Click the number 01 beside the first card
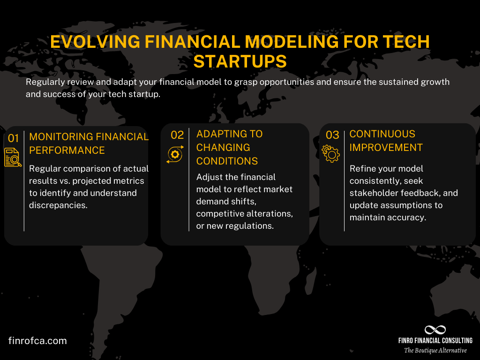(13, 138)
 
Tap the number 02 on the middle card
(177, 135)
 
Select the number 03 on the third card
(332, 135)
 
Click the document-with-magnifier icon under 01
(13, 157)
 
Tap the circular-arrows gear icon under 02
(174, 155)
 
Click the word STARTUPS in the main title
(240, 61)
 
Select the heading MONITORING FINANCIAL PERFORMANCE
(89, 143)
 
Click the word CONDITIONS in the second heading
(227, 161)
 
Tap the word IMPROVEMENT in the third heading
(386, 147)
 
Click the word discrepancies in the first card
(58, 205)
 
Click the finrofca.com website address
(37, 341)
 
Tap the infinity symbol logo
(435, 330)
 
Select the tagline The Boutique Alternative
(435, 351)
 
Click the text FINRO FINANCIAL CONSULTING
(435, 341)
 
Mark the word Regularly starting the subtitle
(45, 82)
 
